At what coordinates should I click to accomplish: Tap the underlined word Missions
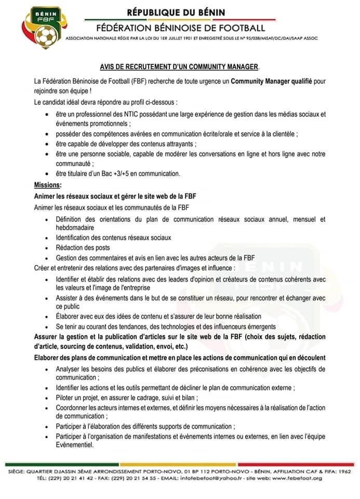[x=47, y=185]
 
